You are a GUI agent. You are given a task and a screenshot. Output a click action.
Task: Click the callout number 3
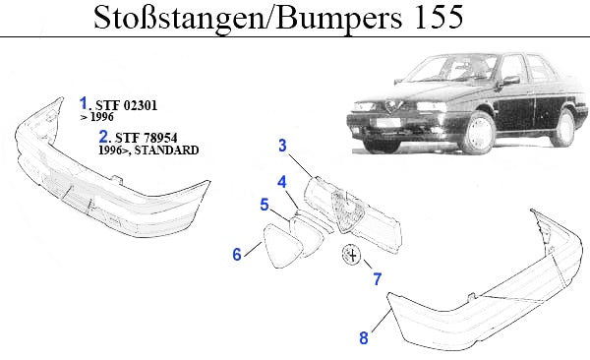282,146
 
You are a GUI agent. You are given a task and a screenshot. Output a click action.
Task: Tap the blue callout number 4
282,182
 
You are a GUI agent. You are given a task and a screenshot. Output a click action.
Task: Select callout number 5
265,205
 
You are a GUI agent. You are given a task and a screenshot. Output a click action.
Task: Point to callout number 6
237,254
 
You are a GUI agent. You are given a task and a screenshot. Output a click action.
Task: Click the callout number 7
378,279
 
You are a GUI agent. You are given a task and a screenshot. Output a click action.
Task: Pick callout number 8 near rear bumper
364,337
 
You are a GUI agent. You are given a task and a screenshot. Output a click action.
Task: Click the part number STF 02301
126,105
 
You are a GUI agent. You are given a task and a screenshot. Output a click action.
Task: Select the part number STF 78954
146,138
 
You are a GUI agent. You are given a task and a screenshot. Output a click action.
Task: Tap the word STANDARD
167,150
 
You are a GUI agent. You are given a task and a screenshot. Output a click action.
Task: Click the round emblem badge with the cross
351,255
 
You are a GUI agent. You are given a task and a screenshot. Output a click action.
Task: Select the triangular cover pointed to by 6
282,246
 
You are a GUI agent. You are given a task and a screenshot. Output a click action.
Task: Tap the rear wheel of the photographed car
562,127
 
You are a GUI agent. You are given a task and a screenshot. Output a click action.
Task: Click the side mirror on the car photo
510,81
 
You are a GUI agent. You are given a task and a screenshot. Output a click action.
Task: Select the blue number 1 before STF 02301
84,103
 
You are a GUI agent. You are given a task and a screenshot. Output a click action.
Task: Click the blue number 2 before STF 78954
103,137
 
